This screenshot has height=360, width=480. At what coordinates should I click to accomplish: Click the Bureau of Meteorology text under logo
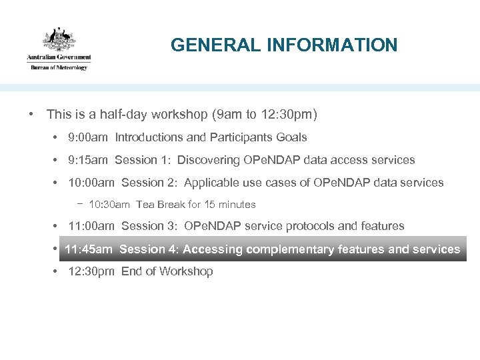pos(59,67)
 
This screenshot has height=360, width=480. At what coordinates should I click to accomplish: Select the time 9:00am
pos(89,137)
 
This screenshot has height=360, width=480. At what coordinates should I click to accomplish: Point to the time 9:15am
pos(89,160)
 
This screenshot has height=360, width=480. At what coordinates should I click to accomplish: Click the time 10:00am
pos(92,183)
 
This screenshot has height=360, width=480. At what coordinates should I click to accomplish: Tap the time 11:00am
pos(92,227)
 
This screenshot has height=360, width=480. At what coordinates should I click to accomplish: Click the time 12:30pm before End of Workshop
pos(92,272)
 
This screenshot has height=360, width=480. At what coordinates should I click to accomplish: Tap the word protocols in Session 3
pos(307,227)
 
